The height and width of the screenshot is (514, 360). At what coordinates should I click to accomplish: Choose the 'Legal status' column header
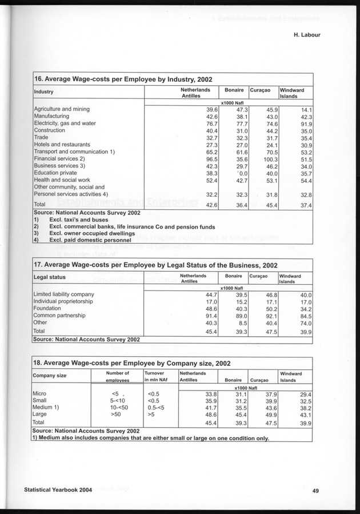coord(50,277)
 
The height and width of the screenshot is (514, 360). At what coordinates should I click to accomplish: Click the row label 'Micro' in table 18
coord(40,394)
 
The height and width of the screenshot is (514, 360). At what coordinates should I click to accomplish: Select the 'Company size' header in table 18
coord(50,376)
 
